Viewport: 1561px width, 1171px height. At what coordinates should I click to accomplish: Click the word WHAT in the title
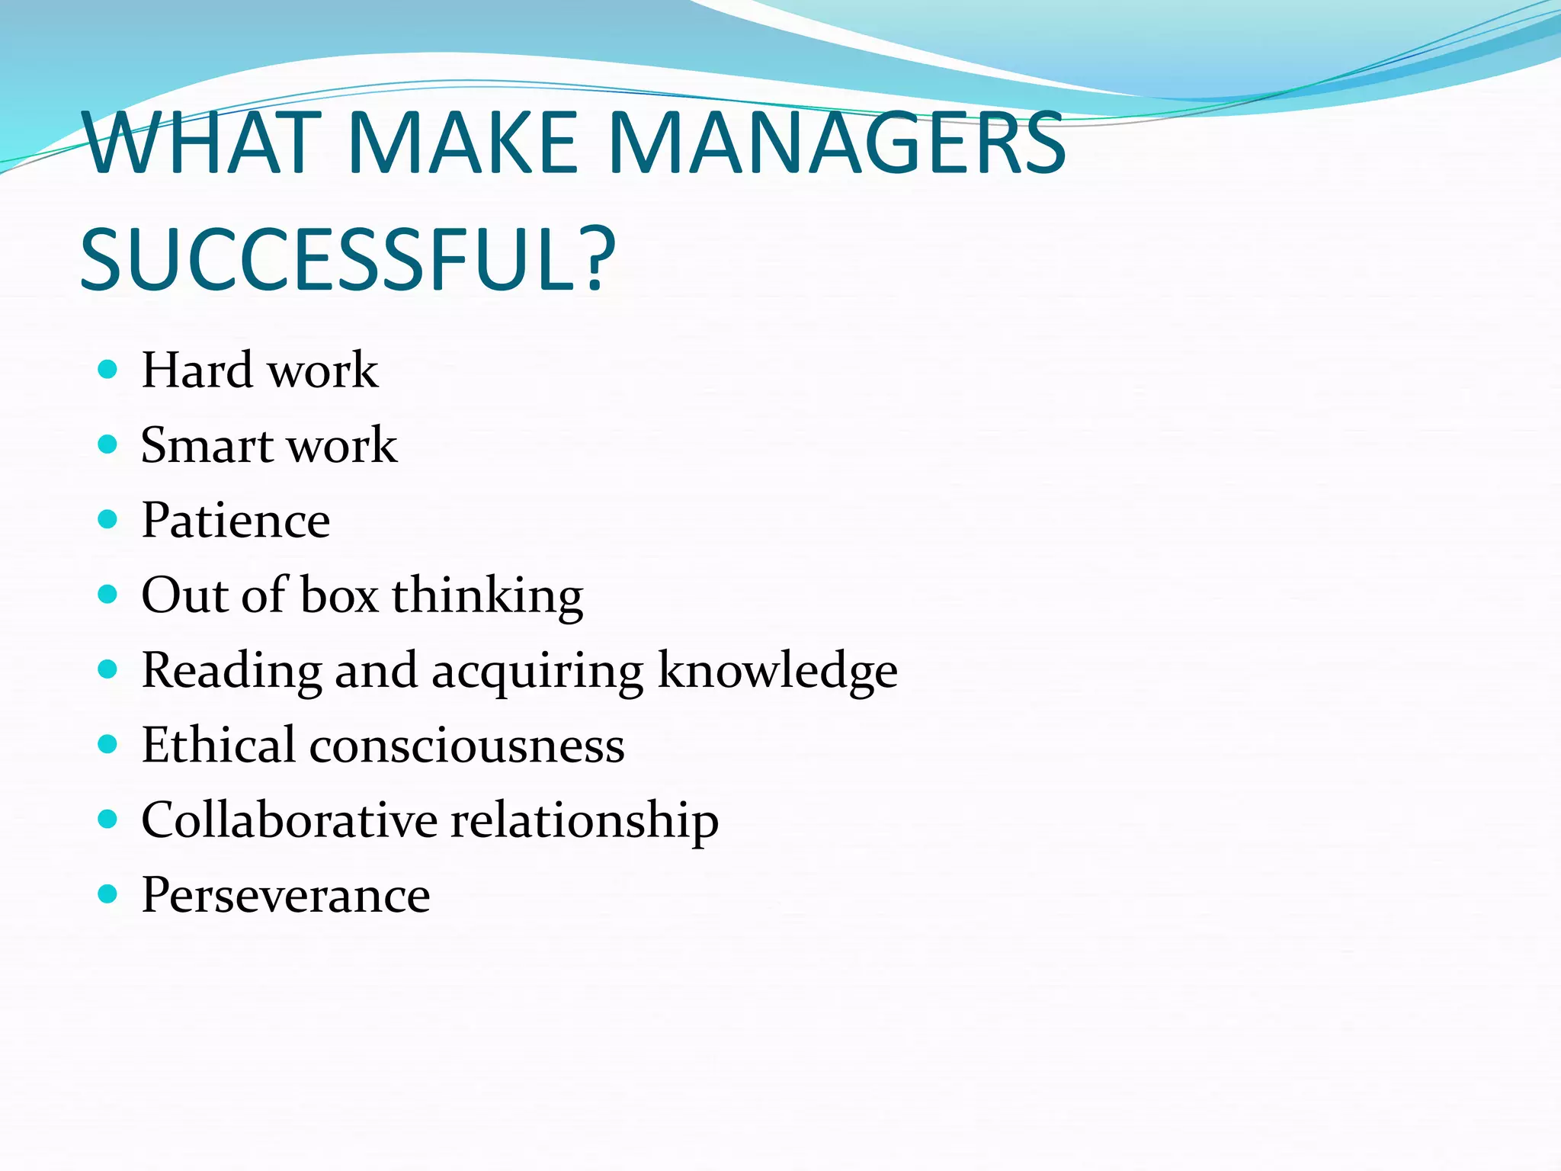click(x=203, y=143)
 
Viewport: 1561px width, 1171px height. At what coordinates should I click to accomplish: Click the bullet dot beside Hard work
click(x=108, y=371)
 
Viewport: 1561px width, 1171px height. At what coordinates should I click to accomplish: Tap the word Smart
click(x=207, y=445)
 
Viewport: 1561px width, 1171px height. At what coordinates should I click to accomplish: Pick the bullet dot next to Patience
click(x=108, y=520)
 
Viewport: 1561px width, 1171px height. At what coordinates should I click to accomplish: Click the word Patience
click(x=236, y=521)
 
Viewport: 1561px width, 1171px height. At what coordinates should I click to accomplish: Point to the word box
click(x=339, y=595)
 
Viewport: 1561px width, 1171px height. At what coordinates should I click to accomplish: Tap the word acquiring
click(x=537, y=672)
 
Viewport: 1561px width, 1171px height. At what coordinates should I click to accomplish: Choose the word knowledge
click(x=777, y=672)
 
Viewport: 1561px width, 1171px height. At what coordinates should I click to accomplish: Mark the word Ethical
click(x=218, y=745)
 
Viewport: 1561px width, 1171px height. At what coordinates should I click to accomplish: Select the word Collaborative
click(x=290, y=820)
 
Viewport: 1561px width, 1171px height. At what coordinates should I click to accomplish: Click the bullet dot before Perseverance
click(x=108, y=893)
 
